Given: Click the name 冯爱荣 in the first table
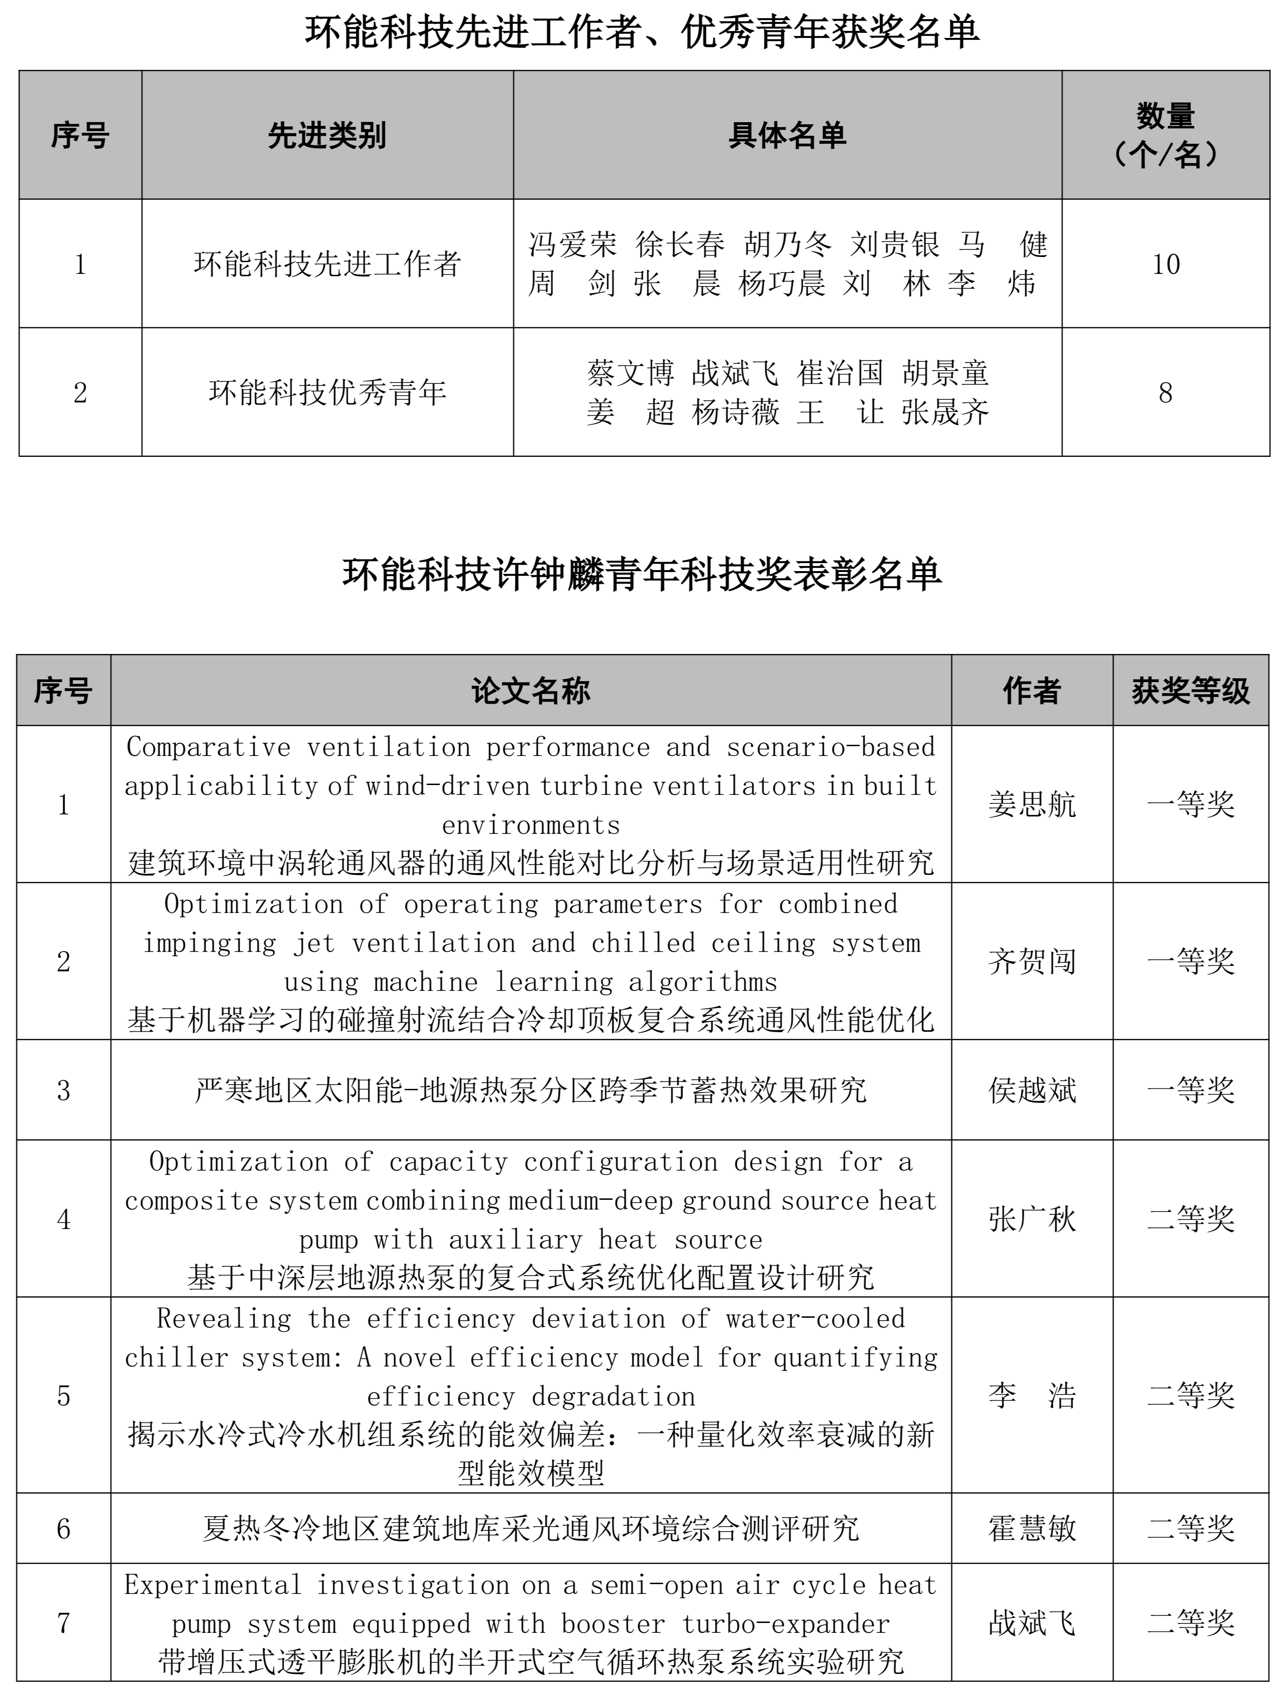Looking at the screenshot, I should pos(572,244).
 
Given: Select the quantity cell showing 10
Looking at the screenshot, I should pos(1165,264).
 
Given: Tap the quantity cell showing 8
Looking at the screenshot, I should pos(1165,393).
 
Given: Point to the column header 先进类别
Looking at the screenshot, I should pos(327,136).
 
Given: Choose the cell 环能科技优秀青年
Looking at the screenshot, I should pos(327,393).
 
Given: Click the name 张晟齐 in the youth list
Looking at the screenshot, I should pos(945,412).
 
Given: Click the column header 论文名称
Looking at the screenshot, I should pos(530,691).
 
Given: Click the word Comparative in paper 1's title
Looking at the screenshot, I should pos(208,747).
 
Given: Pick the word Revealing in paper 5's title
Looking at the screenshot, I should pos(224,1319).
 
